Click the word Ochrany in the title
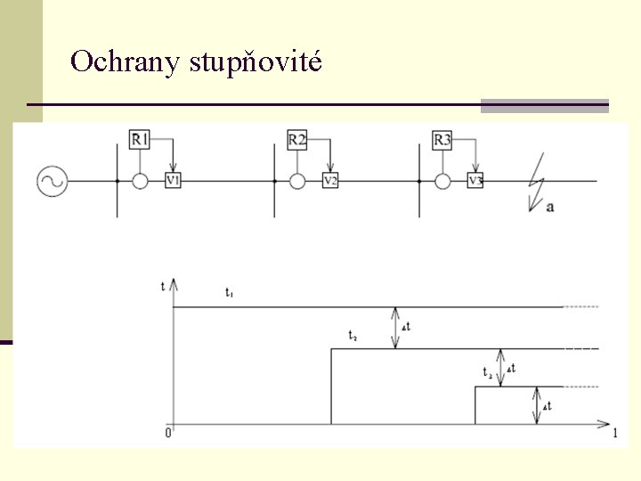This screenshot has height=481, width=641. (125, 61)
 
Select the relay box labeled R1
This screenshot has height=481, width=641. (140, 140)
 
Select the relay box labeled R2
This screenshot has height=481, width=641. (297, 140)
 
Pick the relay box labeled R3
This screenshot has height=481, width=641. (442, 140)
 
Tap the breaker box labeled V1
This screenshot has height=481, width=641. (173, 181)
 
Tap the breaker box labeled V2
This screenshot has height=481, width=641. (330, 181)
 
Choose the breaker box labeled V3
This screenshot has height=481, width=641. (475, 181)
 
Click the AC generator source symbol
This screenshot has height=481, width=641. (52, 182)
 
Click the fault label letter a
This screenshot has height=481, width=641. (550, 207)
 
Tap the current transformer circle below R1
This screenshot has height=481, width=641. (140, 182)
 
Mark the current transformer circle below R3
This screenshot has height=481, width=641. (442, 182)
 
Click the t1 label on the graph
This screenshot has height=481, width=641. (229, 292)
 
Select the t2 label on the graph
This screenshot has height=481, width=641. (353, 336)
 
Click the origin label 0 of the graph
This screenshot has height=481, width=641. (167, 434)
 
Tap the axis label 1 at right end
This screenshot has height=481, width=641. (615, 435)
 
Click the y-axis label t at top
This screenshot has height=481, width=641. (162, 286)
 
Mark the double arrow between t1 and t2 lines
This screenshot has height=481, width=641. (396, 327)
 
